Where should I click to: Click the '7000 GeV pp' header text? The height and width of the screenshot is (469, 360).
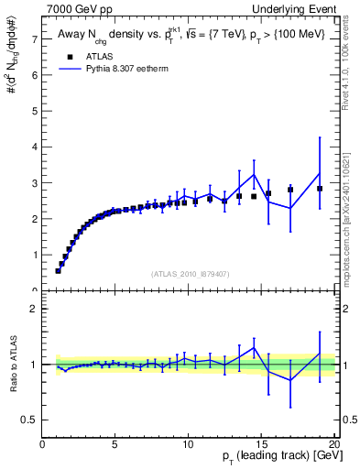(80, 8)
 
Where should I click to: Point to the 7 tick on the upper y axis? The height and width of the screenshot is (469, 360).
(34, 39)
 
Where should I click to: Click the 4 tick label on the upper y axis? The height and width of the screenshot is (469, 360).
(34, 147)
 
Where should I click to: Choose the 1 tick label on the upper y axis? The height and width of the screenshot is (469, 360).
(34, 256)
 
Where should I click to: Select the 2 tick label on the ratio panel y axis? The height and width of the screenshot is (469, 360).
(34, 309)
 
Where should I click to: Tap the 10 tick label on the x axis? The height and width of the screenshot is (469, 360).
(188, 446)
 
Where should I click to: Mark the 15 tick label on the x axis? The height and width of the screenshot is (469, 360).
(261, 446)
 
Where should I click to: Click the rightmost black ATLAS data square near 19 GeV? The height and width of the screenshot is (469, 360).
(320, 189)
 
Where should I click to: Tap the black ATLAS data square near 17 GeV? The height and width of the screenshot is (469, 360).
(290, 190)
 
